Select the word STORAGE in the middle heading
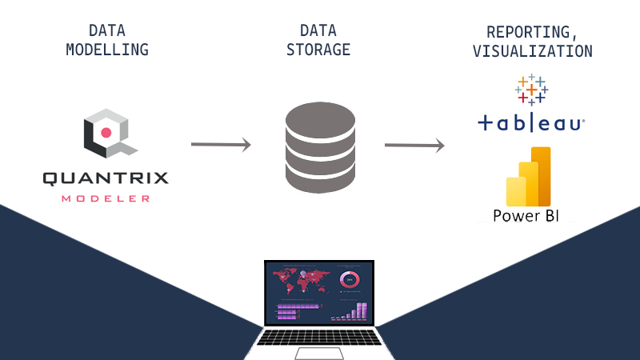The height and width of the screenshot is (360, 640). click(x=318, y=49)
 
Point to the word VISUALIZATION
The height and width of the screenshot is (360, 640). click(x=532, y=51)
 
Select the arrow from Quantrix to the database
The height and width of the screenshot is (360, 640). click(x=221, y=145)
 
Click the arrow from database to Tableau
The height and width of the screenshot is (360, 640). click(x=414, y=146)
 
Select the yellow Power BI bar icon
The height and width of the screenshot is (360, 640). click(x=529, y=177)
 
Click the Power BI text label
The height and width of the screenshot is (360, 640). click(x=526, y=216)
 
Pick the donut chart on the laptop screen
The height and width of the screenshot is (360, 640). click(x=350, y=279)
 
